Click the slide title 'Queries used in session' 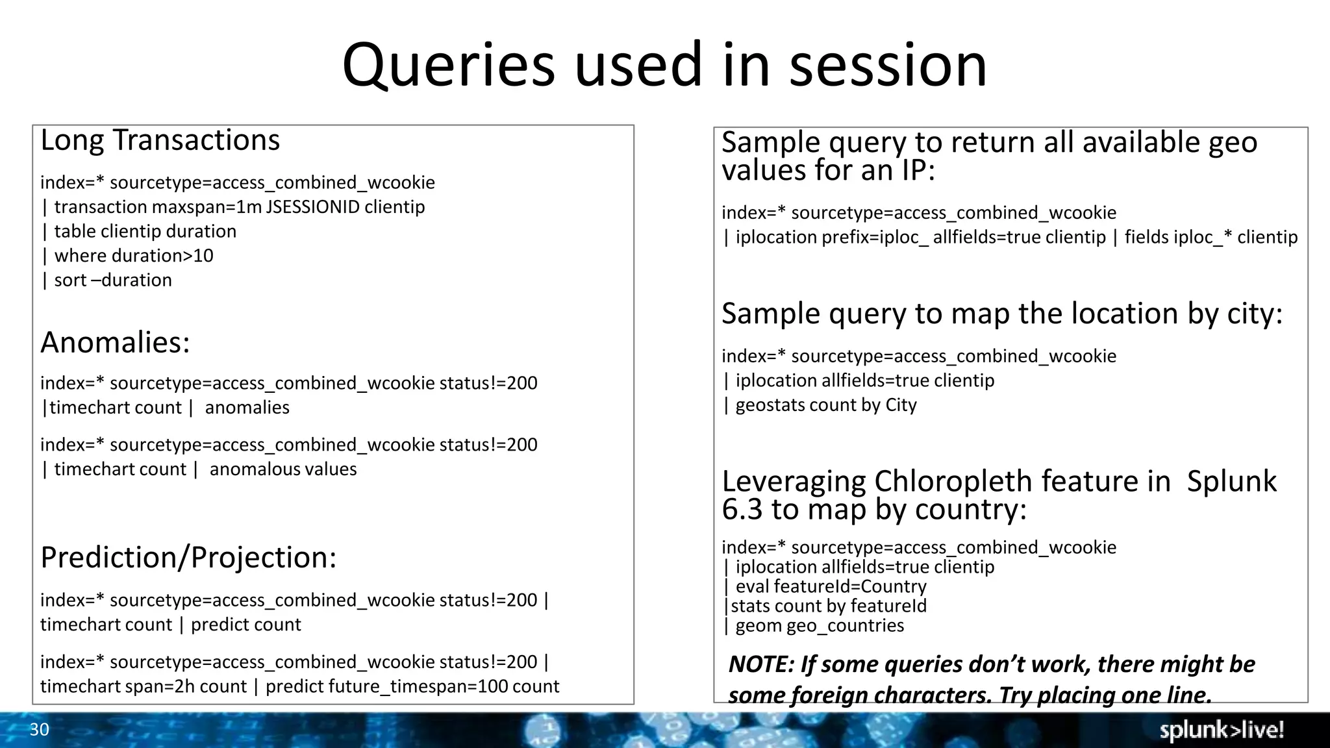click(x=664, y=66)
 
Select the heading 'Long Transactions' click(x=160, y=140)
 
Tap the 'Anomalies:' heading click(x=115, y=342)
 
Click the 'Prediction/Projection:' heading click(x=188, y=557)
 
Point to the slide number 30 click(x=39, y=730)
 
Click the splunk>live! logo click(x=1222, y=730)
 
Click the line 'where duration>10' click(x=133, y=256)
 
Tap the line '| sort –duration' click(x=107, y=280)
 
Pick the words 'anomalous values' click(x=283, y=469)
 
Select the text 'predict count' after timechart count click(x=246, y=625)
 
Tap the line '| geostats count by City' click(x=820, y=405)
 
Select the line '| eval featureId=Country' click(x=825, y=586)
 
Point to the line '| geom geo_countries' click(x=814, y=626)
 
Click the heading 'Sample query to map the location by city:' click(x=1002, y=314)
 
